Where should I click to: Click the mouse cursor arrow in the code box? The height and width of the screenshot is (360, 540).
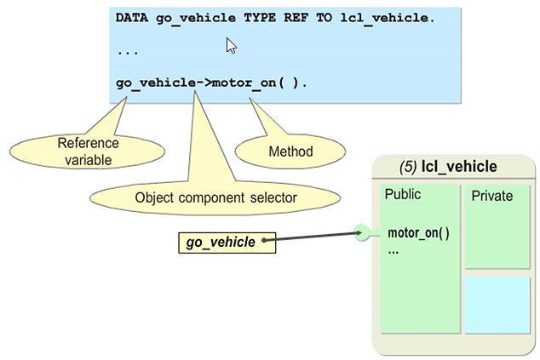231,45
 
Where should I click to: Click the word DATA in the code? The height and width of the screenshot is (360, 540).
134,17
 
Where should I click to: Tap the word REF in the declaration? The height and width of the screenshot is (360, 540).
297,17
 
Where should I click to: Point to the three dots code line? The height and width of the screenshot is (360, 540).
128,51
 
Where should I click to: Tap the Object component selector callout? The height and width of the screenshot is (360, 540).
215,197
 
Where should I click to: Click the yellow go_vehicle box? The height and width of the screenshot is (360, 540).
221,243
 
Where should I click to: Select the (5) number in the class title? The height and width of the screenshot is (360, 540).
408,166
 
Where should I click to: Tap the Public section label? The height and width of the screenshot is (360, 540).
403,194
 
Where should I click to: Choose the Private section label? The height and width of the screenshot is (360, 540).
491,196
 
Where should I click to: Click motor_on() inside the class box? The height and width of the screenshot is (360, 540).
418,233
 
